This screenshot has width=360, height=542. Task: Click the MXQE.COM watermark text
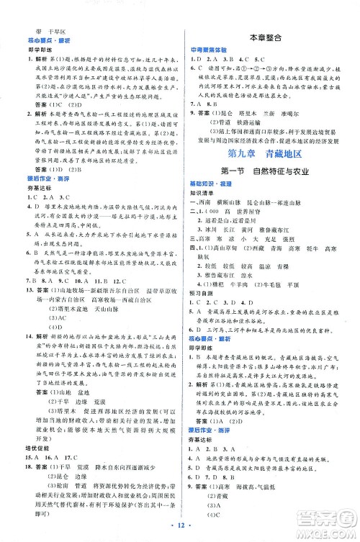328,530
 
